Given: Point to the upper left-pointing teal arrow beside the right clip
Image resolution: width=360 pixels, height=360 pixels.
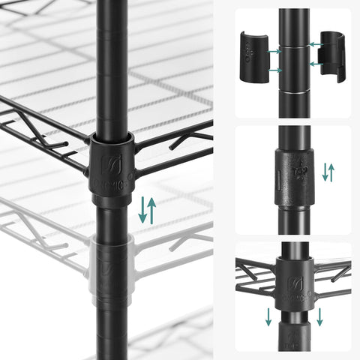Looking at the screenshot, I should (x=315, y=45).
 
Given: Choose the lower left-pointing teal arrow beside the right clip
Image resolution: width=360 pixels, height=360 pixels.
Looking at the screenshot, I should (x=315, y=64).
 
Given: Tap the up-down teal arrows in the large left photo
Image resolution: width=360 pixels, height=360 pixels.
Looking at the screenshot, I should (x=147, y=210).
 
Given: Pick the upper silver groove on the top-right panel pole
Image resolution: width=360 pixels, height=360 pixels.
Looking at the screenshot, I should (x=294, y=43).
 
